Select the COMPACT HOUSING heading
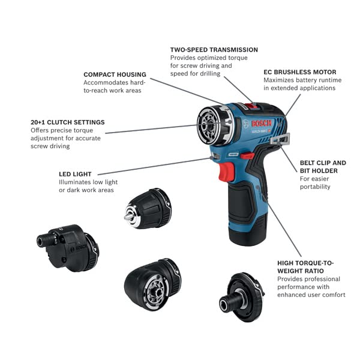115,74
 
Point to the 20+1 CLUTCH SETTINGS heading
67,122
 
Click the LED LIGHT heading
76,173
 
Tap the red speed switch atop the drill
251,106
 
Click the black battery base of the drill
247,233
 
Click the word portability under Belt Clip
315,187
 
